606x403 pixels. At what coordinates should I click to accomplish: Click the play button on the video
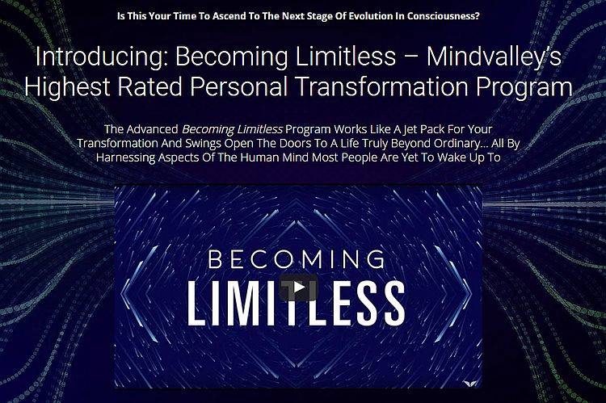[298, 288]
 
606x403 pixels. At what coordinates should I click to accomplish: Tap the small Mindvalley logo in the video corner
[470, 382]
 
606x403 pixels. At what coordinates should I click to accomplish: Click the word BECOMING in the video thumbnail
[297, 260]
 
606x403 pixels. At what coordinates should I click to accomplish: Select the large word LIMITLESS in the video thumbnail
[297, 303]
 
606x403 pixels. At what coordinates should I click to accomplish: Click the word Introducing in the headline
[102, 57]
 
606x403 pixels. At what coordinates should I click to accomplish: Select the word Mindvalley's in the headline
[494, 57]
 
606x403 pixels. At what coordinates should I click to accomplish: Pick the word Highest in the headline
[67, 86]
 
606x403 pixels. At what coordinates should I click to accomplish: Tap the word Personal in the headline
[239, 86]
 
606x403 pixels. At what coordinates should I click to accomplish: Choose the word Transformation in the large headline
[382, 86]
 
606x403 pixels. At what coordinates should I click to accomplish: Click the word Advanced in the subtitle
[152, 129]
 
